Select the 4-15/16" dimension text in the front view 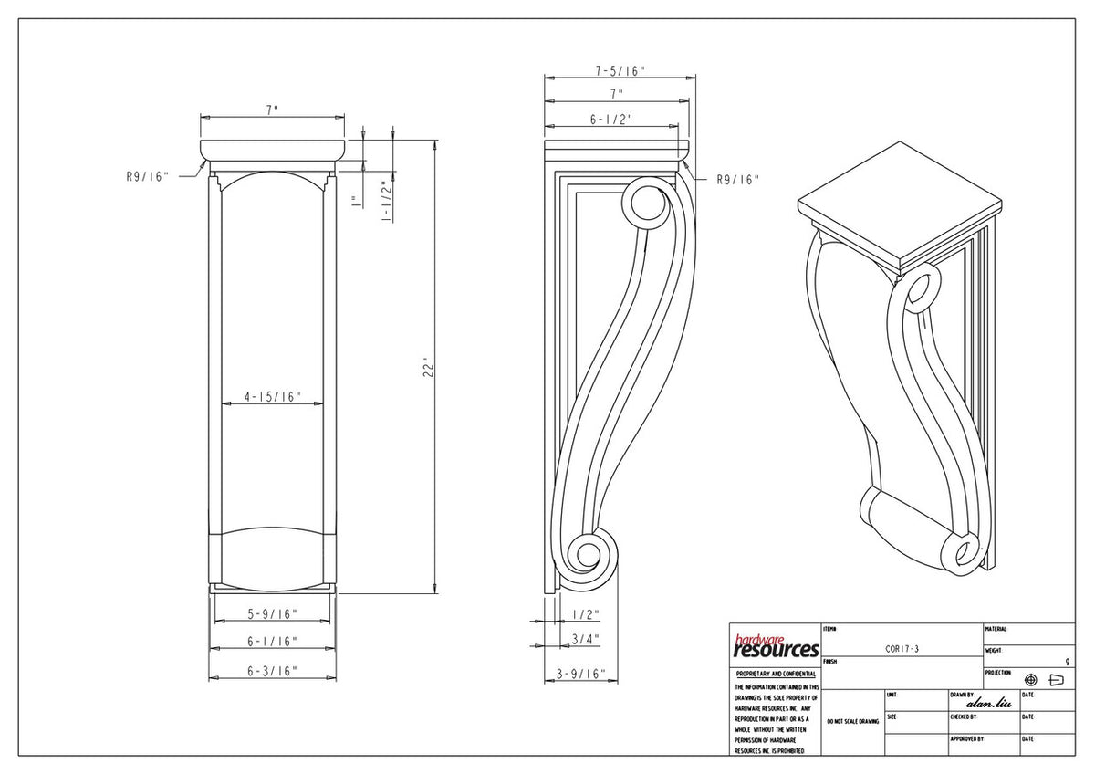(272, 397)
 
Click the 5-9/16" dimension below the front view (272, 613)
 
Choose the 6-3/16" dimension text (272, 671)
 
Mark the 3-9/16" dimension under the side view (581, 674)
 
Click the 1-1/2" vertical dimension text (387, 201)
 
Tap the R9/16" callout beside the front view (149, 177)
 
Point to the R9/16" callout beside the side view (737, 180)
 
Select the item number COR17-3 (902, 649)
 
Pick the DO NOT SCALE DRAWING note (852, 721)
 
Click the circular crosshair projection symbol (1031, 680)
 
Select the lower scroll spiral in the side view (586, 555)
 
